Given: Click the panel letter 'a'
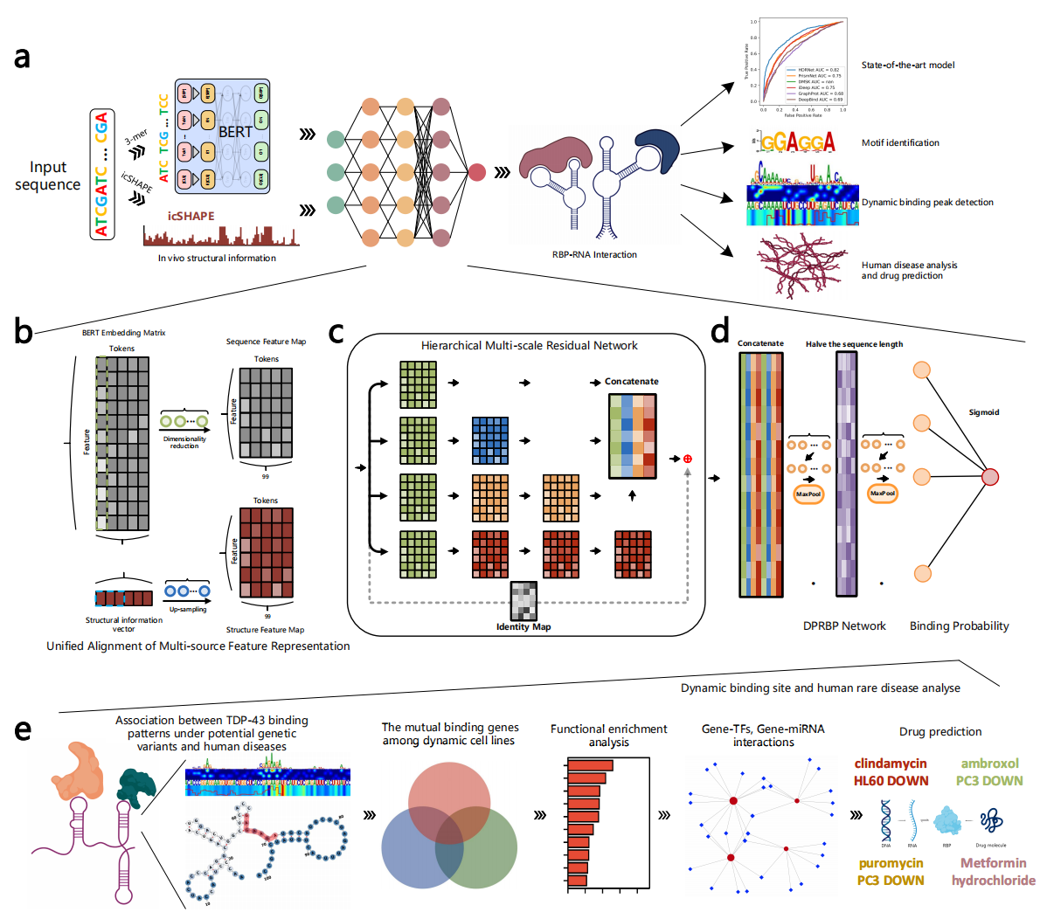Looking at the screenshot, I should tap(23, 58).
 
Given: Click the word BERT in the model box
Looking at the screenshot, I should tap(235, 132).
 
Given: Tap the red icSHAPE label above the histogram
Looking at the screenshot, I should tap(191, 216).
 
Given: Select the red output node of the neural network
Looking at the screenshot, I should tap(476, 172).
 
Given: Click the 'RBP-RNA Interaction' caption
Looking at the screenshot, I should tap(594, 255).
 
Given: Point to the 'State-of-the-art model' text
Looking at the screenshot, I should tap(907, 66).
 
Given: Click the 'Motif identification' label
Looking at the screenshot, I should tap(900, 142).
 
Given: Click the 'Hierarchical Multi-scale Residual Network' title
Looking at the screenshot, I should tap(529, 346).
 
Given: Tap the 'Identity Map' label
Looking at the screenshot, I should tap(523, 627).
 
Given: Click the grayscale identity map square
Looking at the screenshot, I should tap(523, 600).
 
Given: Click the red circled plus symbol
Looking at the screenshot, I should tap(688, 459).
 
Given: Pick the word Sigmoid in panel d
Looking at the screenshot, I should tap(984, 412).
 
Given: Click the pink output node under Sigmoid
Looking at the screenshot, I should tap(989, 477).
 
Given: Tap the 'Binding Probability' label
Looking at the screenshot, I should tap(959, 626).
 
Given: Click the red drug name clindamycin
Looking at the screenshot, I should tap(891, 764).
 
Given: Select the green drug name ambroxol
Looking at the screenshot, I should tap(989, 764).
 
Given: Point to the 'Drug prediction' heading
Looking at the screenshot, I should tap(940, 732).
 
